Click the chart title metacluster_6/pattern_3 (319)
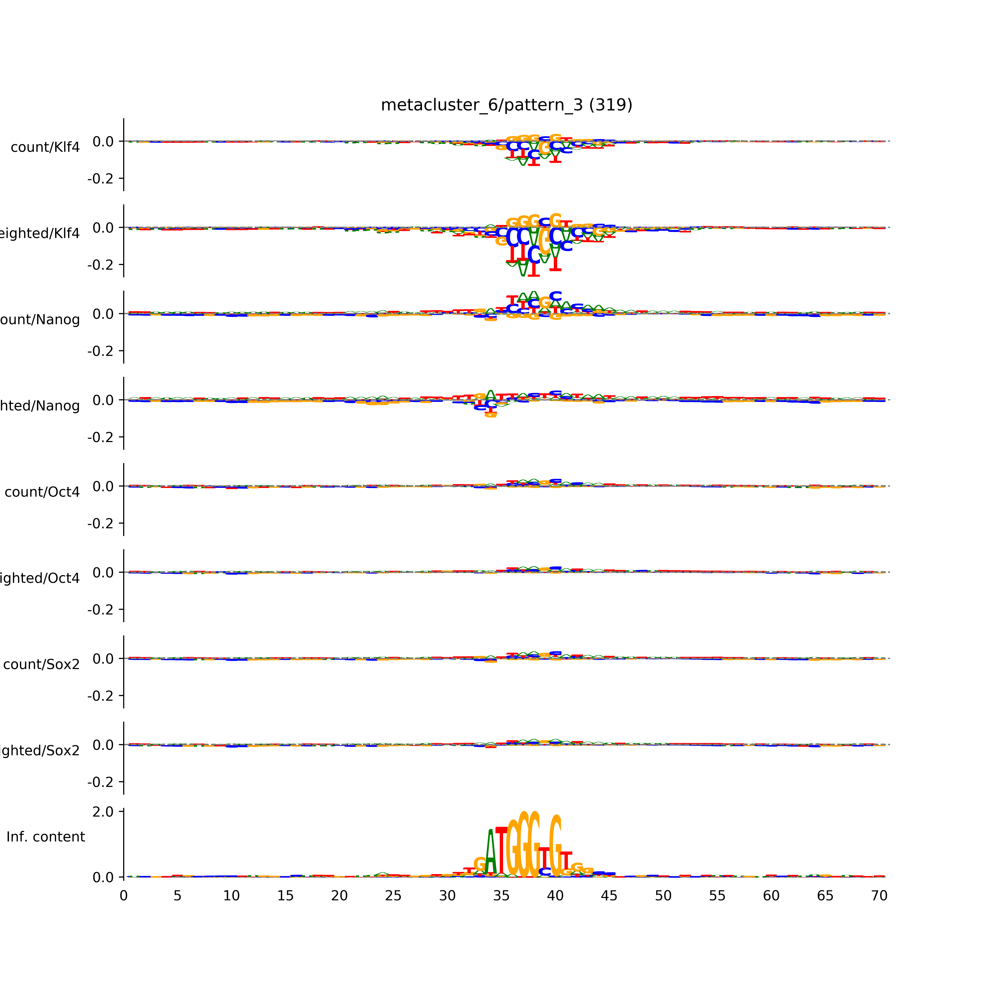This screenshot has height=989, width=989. tap(506, 105)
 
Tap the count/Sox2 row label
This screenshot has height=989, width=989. tap(42, 664)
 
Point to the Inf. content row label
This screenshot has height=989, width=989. tap(45, 837)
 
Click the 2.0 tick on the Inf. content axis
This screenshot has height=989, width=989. tap(103, 812)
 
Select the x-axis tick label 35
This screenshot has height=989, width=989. tap(501, 896)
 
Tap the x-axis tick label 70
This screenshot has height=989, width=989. tap(879, 896)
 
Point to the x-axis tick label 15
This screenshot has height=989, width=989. tap(285, 896)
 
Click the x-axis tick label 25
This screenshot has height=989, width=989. tap(393, 896)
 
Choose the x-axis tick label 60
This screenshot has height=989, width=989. tap(771, 896)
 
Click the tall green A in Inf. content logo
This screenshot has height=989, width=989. tap(490, 852)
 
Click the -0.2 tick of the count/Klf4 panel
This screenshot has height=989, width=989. tap(100, 179)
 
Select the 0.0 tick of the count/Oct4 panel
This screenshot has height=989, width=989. tap(103, 486)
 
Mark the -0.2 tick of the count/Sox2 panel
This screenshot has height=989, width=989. tap(100, 696)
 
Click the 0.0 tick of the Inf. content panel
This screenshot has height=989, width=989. tap(103, 877)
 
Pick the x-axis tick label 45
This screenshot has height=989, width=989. tap(609, 896)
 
